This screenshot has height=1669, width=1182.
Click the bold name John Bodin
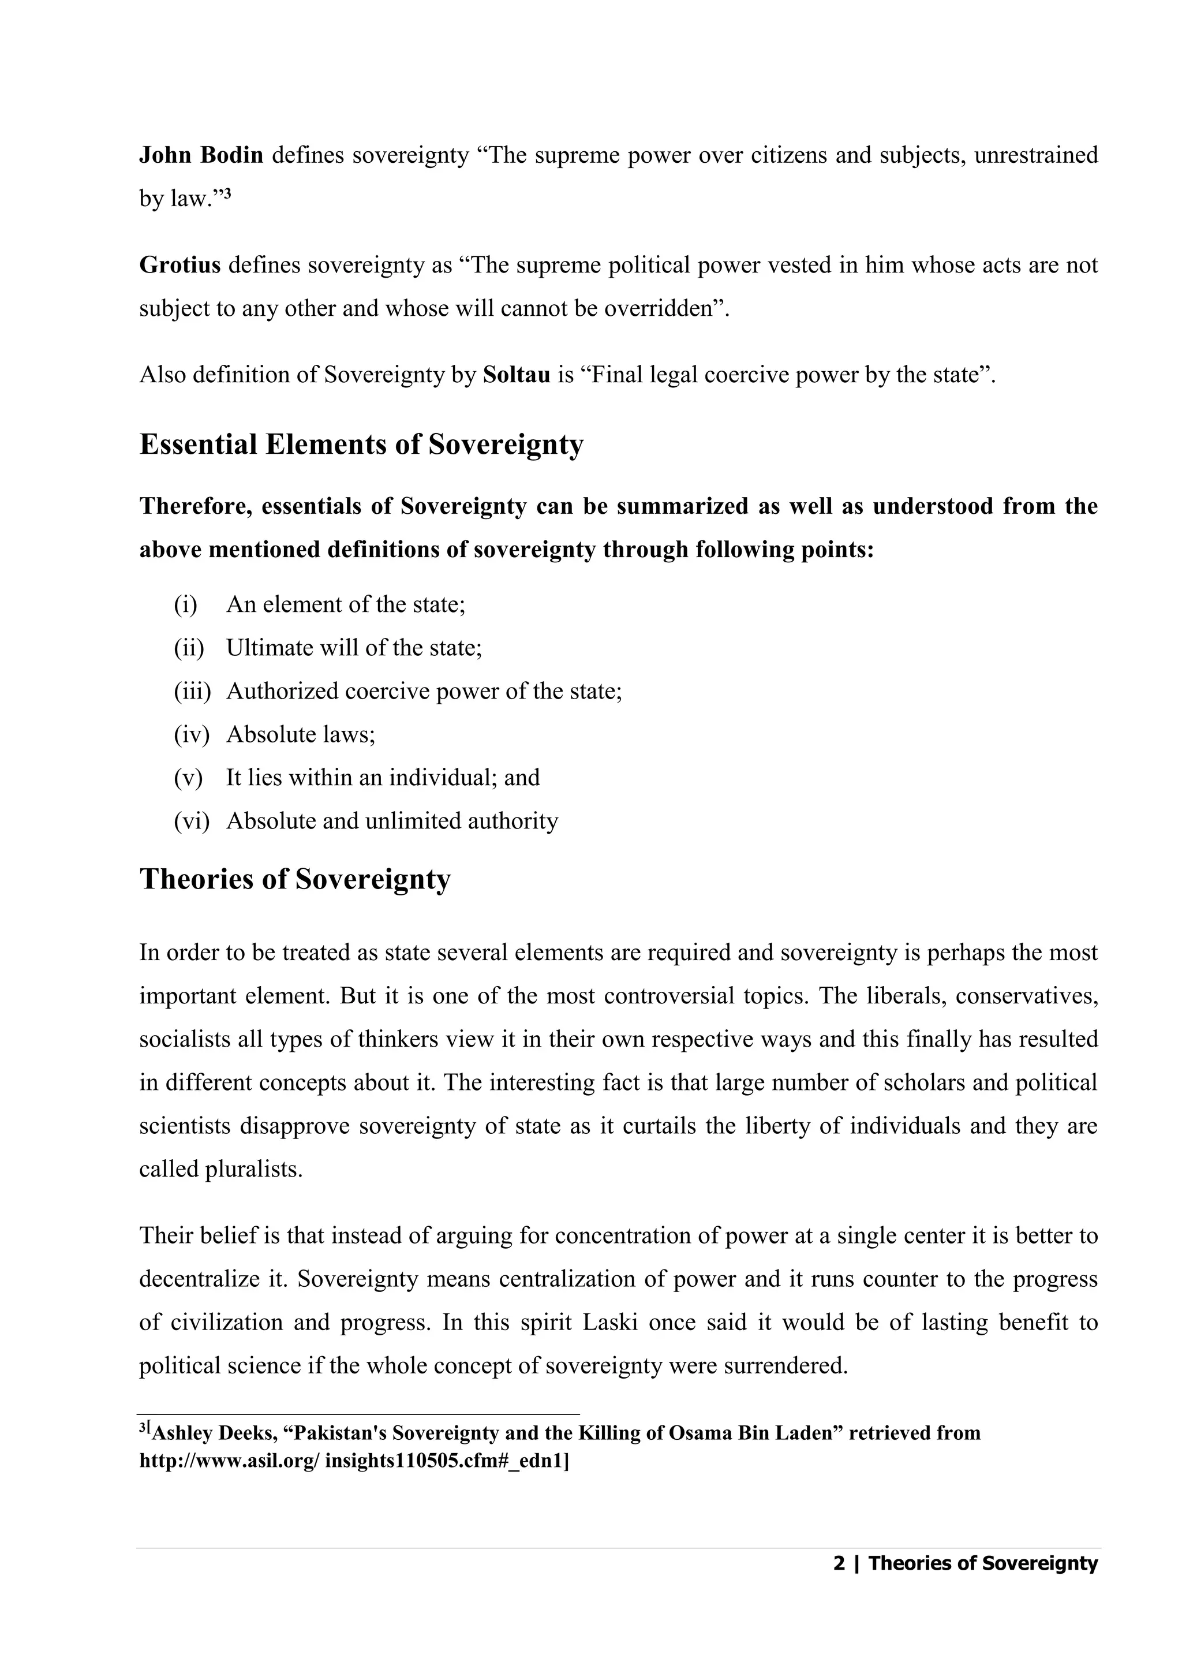click(201, 155)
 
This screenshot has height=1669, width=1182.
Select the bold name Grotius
click(179, 265)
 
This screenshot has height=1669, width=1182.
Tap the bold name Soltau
click(516, 375)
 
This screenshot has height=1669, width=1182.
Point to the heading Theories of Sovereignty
click(295, 879)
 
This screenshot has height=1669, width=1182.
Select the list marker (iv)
click(190, 734)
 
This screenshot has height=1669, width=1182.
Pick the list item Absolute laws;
click(301, 734)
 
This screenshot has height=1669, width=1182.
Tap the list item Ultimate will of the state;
click(354, 648)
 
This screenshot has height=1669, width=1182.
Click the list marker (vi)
click(190, 821)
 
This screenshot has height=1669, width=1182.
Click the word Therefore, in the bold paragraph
click(195, 507)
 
